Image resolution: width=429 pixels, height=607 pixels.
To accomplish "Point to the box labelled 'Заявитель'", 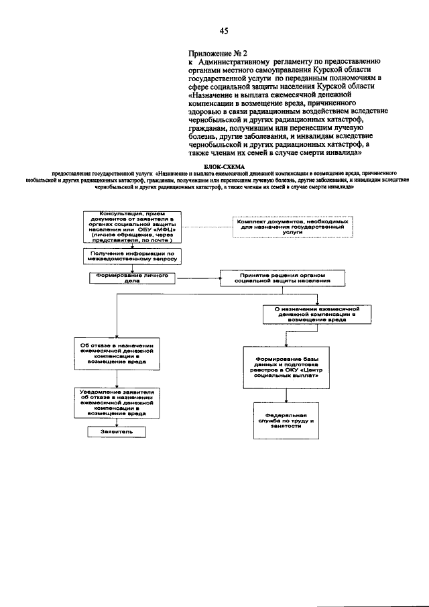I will point(117,432).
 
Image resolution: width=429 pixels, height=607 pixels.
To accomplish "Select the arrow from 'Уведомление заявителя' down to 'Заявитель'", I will point(117,423).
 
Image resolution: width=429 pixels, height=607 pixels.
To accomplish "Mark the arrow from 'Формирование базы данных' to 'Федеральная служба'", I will point(282,395).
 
